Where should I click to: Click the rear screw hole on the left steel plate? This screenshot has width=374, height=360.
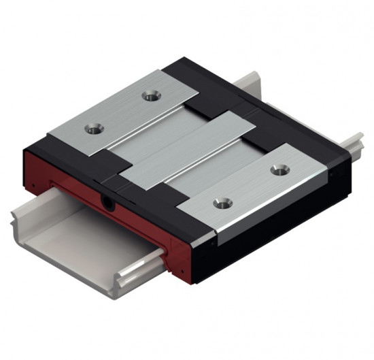coord(149,95)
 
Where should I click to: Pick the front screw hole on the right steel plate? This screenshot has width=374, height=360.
coord(219,202)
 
